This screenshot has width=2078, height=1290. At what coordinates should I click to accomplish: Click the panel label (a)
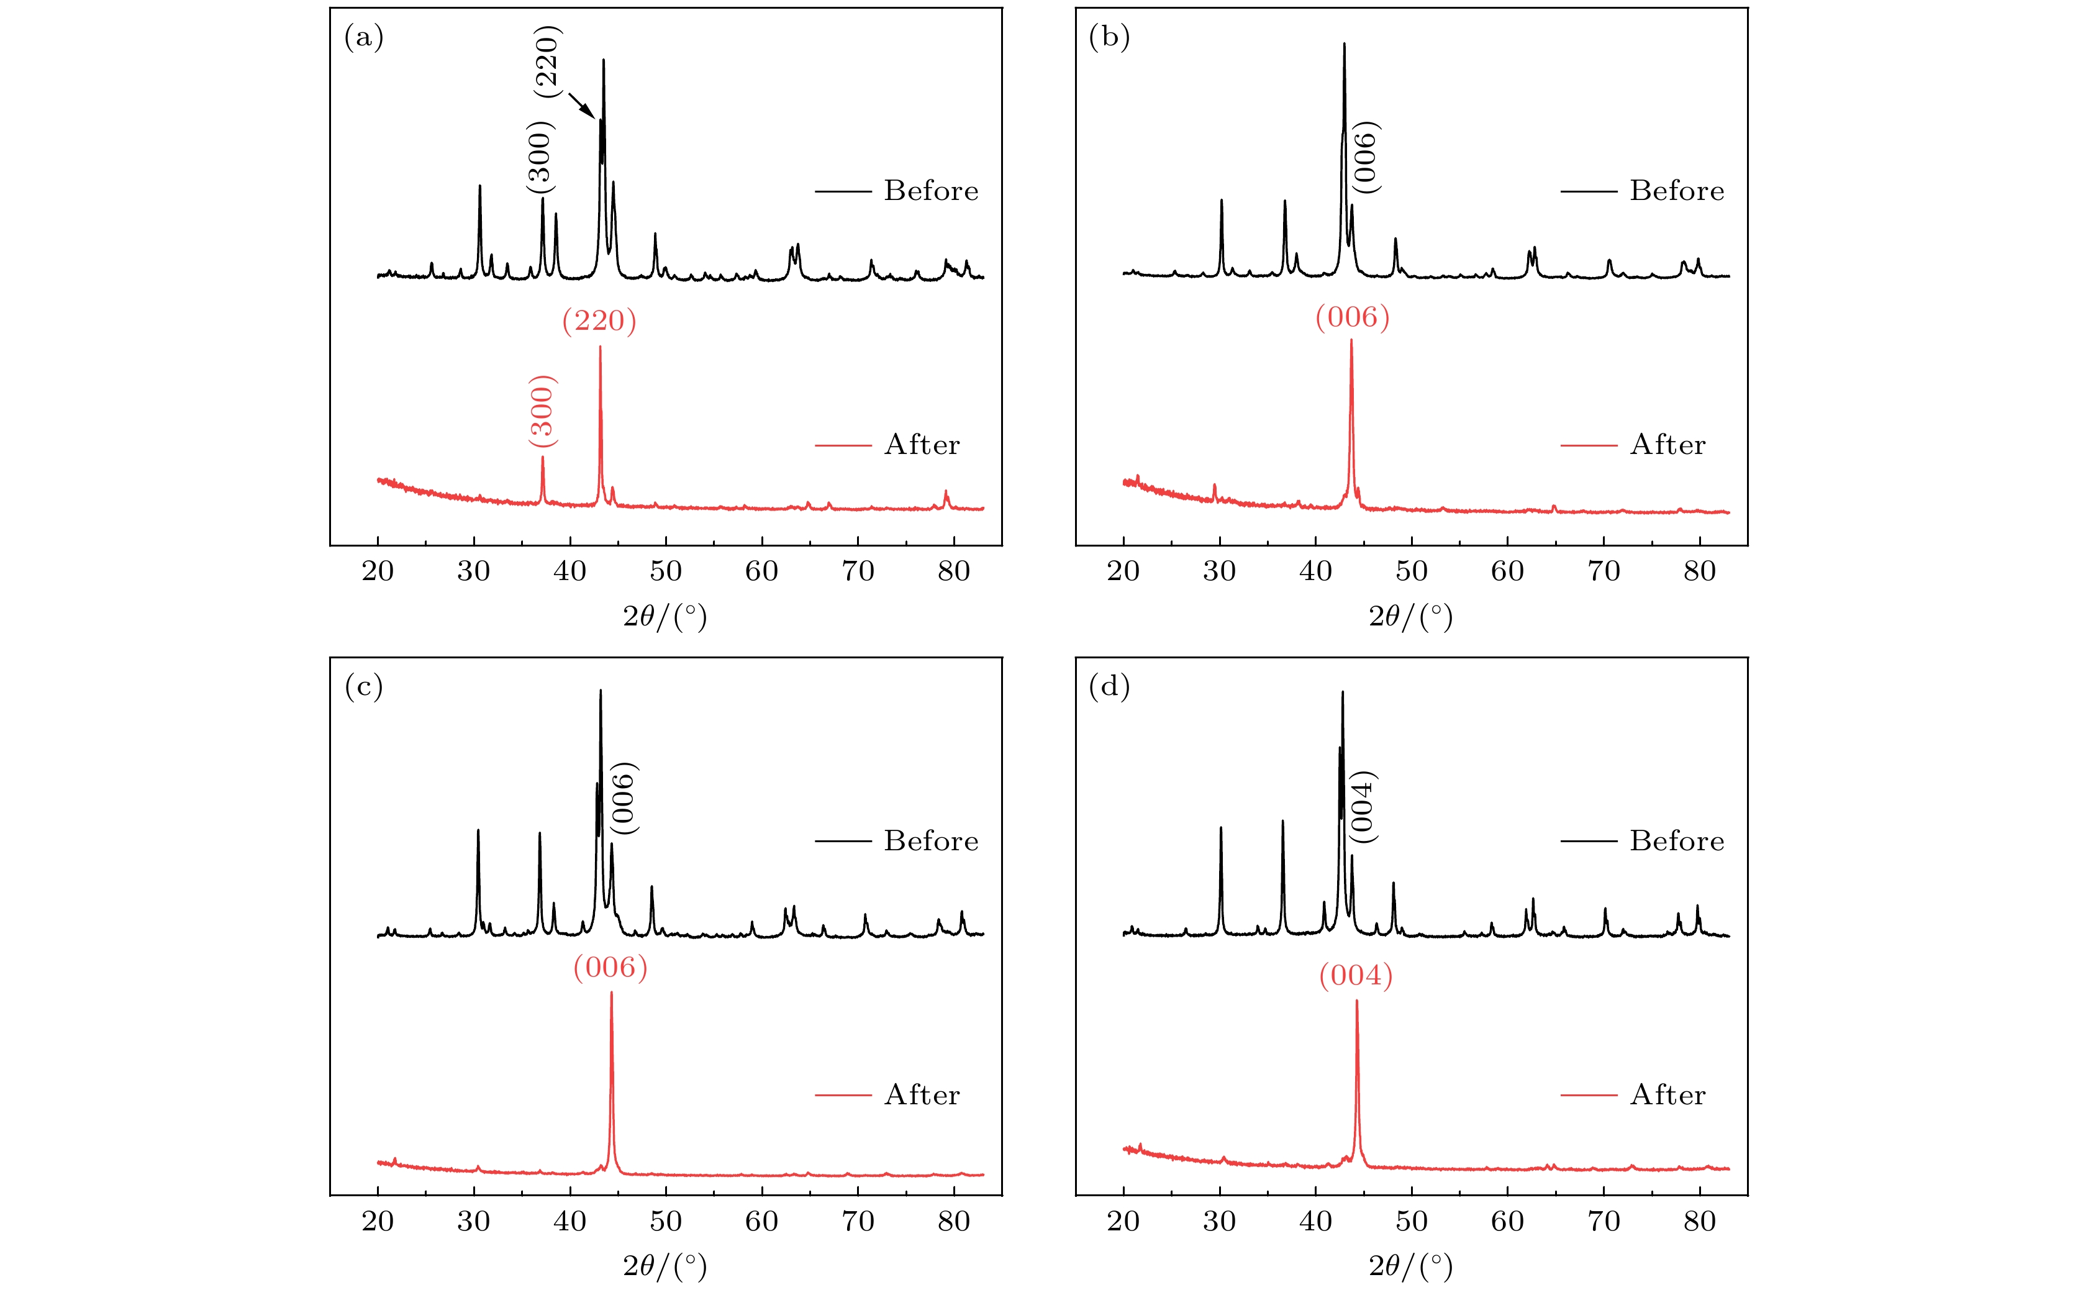[363, 37]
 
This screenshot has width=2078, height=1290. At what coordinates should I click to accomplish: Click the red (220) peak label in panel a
[599, 322]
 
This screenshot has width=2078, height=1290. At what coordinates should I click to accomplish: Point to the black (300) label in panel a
[540, 157]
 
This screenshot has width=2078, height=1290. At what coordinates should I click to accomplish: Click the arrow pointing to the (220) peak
[582, 106]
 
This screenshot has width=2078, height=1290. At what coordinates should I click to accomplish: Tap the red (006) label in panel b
[1352, 318]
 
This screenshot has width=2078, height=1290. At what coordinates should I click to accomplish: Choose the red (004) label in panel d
[1356, 976]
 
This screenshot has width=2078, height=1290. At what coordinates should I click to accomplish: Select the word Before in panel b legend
[1676, 191]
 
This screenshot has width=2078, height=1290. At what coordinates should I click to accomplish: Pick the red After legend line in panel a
[843, 445]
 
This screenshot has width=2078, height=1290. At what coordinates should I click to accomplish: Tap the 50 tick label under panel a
[665, 571]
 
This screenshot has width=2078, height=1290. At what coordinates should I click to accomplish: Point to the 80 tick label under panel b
[1699, 571]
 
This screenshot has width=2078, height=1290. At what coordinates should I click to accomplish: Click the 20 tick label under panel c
[377, 1222]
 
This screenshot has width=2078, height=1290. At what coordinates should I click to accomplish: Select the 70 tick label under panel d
[1604, 1222]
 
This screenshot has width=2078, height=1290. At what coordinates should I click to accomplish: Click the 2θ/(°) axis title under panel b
[1410, 616]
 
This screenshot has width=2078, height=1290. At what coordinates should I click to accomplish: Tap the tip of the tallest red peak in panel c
[610, 993]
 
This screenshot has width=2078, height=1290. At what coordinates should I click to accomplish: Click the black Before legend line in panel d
[1589, 841]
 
